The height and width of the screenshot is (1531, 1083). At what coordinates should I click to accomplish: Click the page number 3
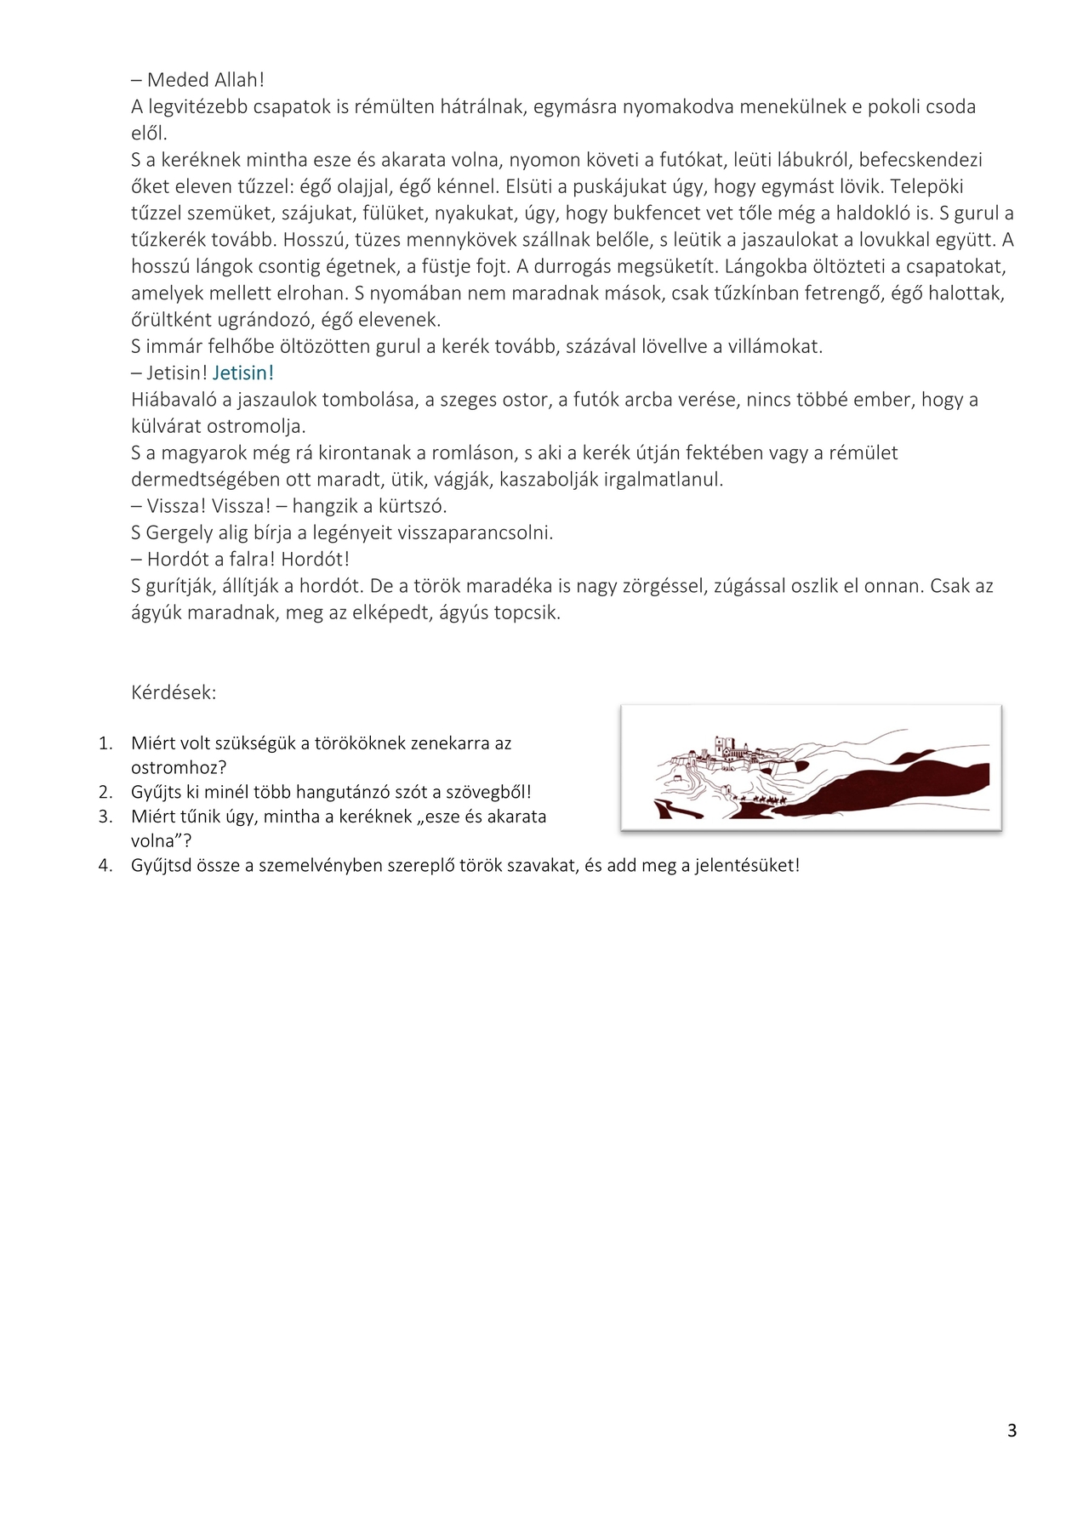(x=1012, y=1431)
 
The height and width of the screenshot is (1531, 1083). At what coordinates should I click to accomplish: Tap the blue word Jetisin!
(x=243, y=373)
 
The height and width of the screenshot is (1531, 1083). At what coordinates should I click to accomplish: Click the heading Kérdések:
(x=174, y=692)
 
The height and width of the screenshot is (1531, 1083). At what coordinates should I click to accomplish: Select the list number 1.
(x=105, y=743)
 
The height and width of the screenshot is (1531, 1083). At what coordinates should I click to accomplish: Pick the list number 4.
(x=105, y=866)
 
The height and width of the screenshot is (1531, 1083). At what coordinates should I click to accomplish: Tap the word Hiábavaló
(x=173, y=400)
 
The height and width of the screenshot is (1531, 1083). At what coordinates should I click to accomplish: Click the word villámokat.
(x=774, y=346)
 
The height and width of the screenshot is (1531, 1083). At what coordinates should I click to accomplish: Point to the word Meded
(x=178, y=80)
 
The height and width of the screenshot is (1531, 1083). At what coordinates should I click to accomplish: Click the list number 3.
(x=105, y=817)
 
